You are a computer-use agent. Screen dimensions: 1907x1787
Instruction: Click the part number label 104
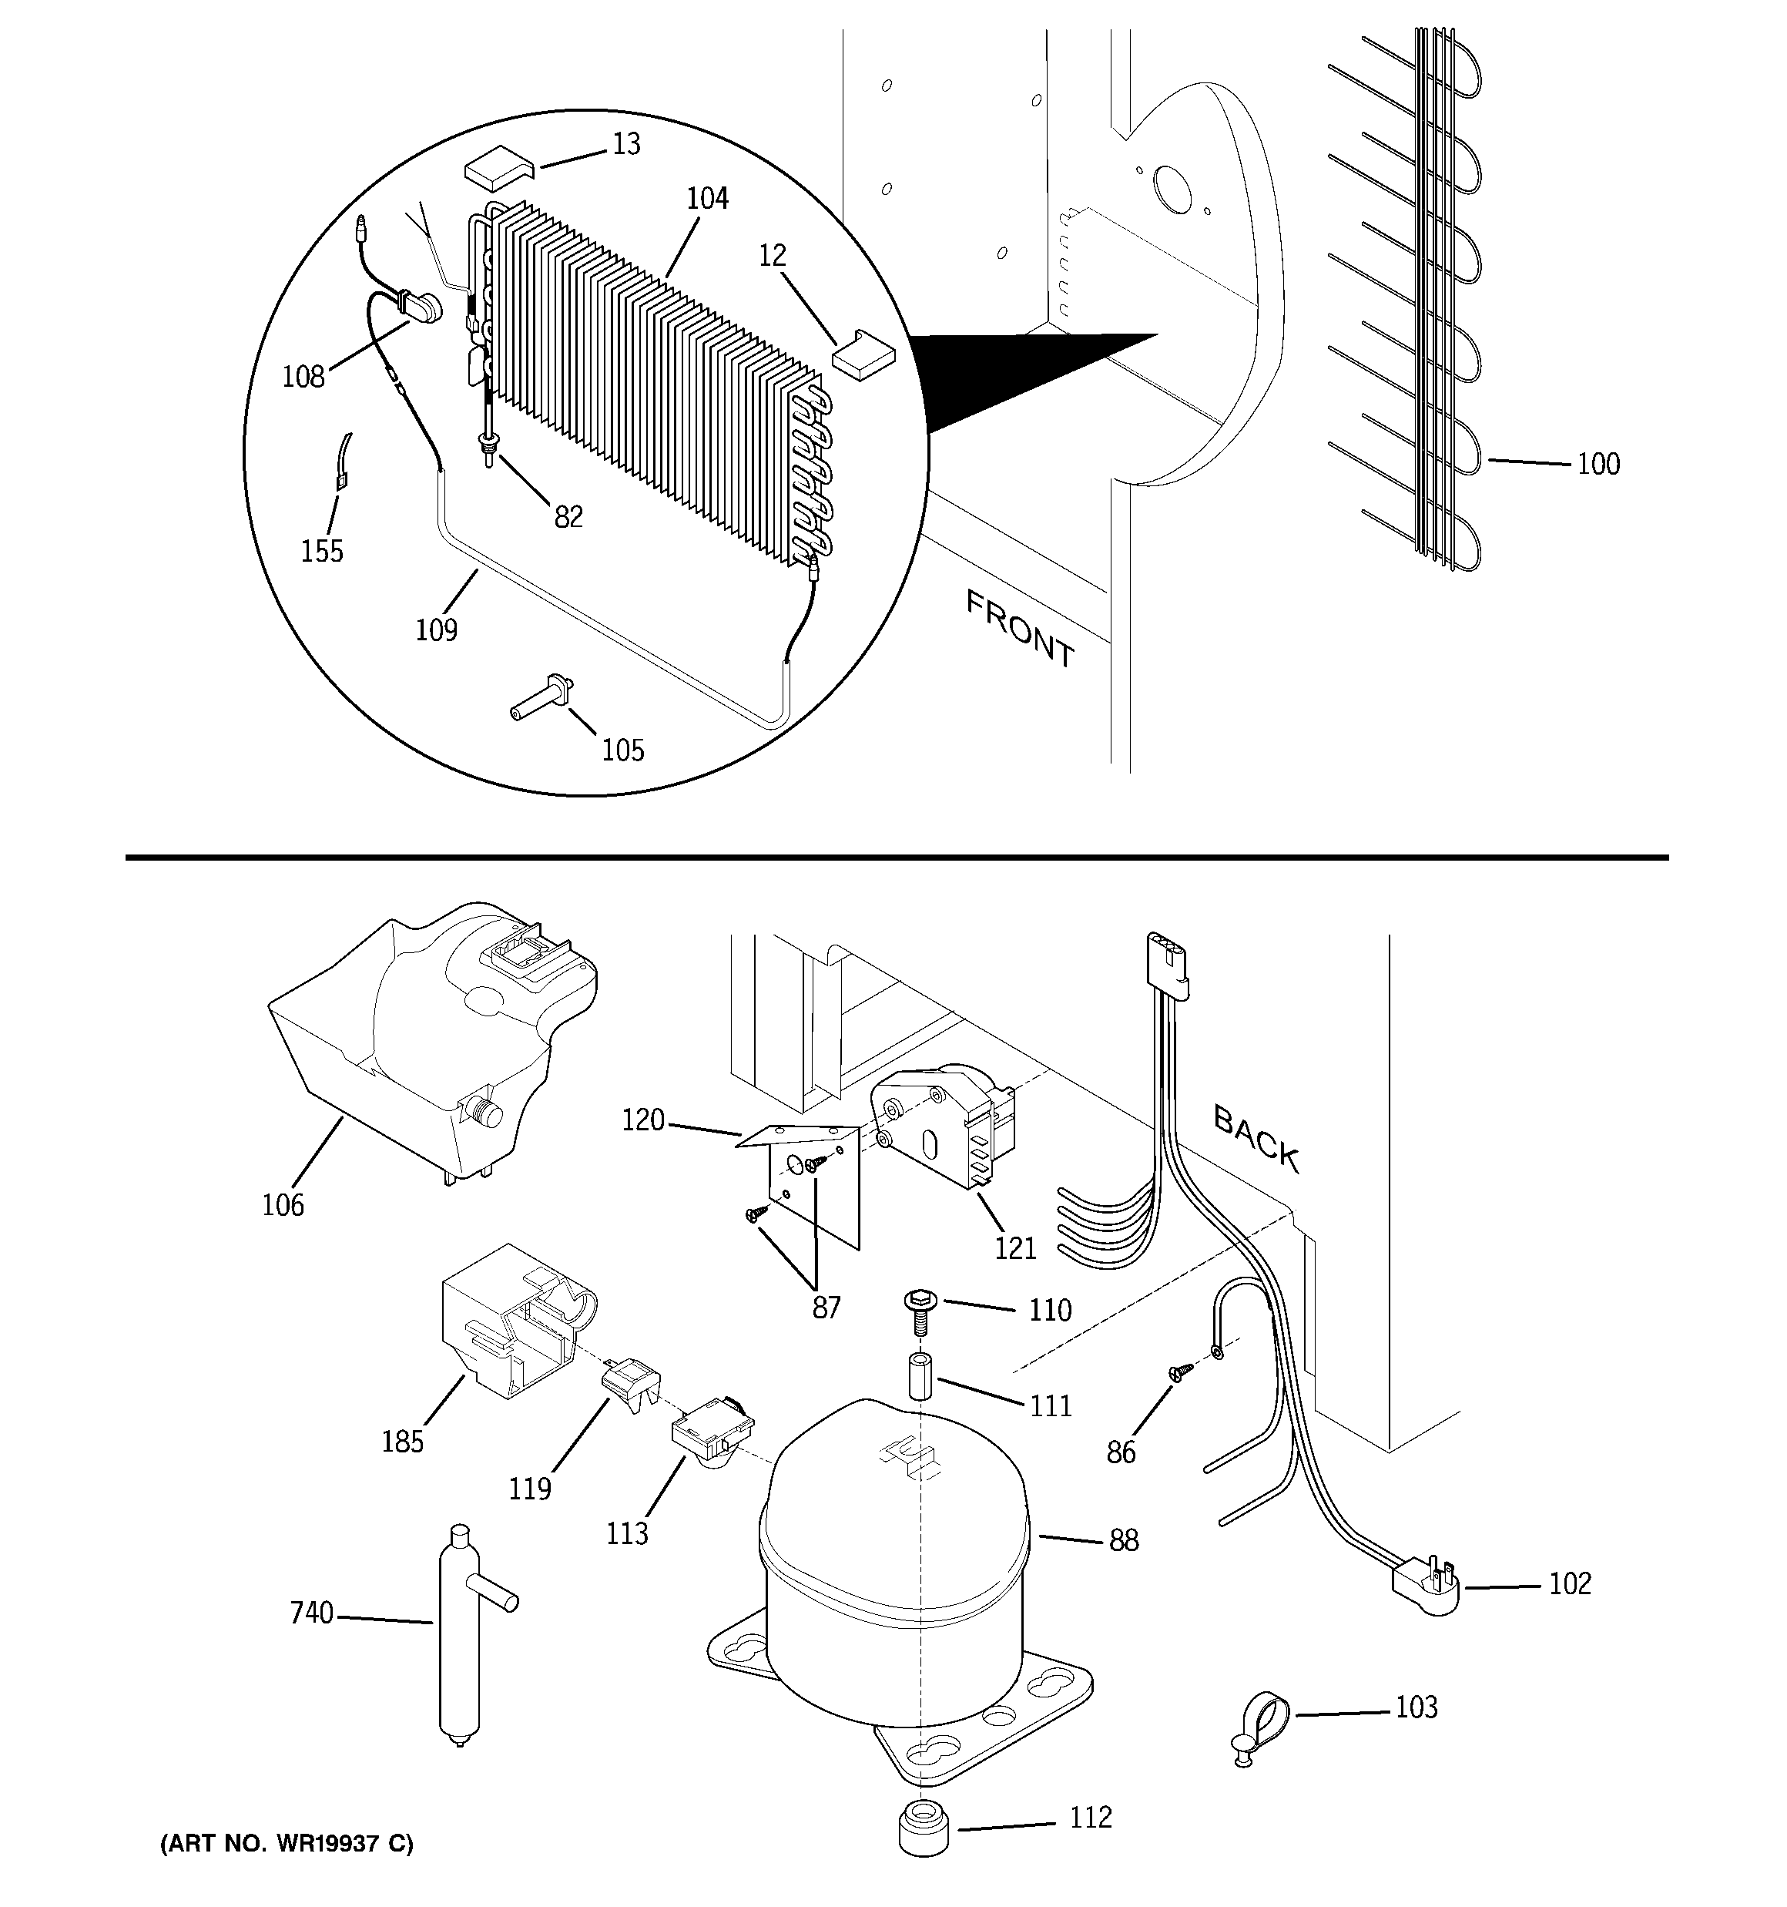pos(707,199)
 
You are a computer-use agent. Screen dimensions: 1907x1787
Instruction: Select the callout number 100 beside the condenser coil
pos(1598,465)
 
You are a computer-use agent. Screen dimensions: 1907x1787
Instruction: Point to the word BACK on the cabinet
pos(1256,1139)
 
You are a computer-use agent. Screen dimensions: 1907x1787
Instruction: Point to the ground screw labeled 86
pos(1178,1373)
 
